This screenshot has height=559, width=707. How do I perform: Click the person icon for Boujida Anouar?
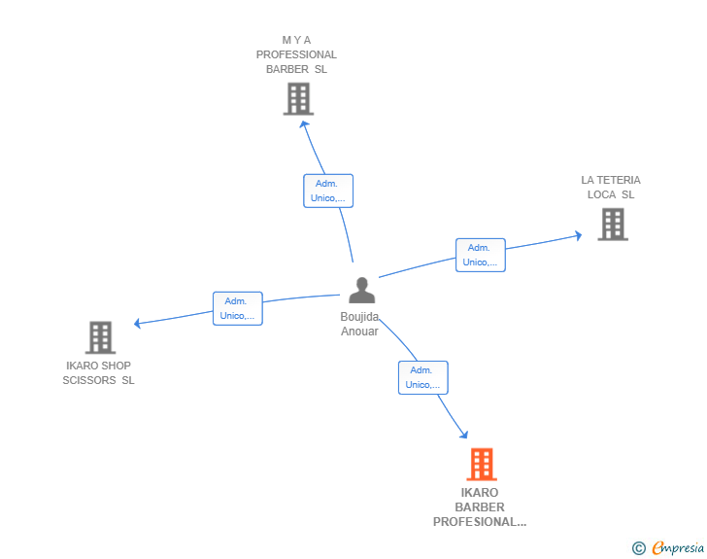pyautogui.click(x=361, y=290)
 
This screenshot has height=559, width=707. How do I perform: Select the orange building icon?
pyautogui.click(x=482, y=464)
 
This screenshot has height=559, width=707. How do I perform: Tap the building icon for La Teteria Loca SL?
pyautogui.click(x=613, y=225)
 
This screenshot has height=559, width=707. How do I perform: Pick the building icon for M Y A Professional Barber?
pyautogui.click(x=298, y=99)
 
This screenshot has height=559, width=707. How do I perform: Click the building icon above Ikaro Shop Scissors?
pyautogui.click(x=101, y=337)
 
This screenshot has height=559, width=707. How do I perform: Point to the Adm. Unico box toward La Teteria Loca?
pyautogui.click(x=481, y=255)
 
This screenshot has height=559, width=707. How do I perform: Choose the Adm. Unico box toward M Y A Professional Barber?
pyautogui.click(x=328, y=191)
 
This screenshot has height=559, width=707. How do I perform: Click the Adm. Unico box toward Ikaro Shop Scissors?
pyautogui.click(x=238, y=308)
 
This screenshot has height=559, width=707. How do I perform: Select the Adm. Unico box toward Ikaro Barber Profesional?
pyautogui.click(x=423, y=377)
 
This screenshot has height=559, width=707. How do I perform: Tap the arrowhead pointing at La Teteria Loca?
pyautogui.click(x=579, y=235)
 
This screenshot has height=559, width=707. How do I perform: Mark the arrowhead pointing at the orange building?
pyautogui.click(x=464, y=435)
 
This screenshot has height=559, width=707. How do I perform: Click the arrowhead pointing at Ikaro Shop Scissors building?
pyautogui.click(x=138, y=324)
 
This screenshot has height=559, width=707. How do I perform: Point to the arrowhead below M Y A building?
pyautogui.click(x=304, y=124)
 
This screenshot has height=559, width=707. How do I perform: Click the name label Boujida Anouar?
pyautogui.click(x=359, y=324)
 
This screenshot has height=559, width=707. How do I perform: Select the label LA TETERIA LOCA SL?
pyautogui.click(x=611, y=188)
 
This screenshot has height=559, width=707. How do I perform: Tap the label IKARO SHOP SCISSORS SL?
pyautogui.click(x=98, y=373)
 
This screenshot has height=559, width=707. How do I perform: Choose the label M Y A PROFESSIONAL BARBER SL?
pyautogui.click(x=296, y=54)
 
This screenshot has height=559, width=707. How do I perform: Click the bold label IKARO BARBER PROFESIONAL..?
pyautogui.click(x=480, y=507)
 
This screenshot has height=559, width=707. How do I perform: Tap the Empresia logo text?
pyautogui.click(x=678, y=547)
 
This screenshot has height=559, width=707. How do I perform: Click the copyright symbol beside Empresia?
pyautogui.click(x=639, y=548)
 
